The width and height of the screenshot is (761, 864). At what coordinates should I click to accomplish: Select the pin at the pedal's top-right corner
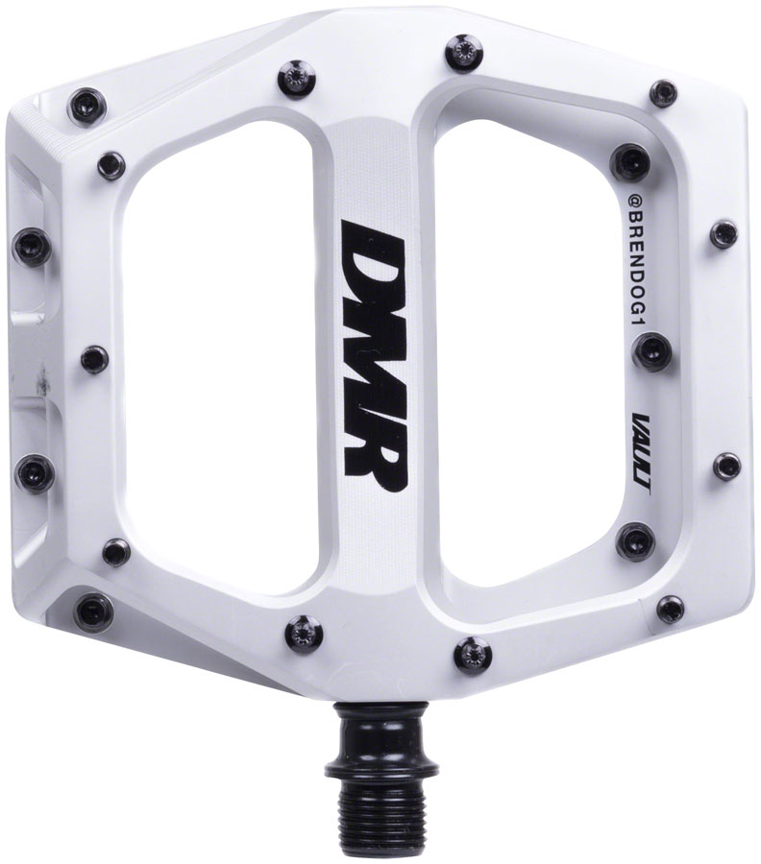(663, 93)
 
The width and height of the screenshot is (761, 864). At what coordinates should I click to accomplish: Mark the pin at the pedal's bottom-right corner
(670, 607)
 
